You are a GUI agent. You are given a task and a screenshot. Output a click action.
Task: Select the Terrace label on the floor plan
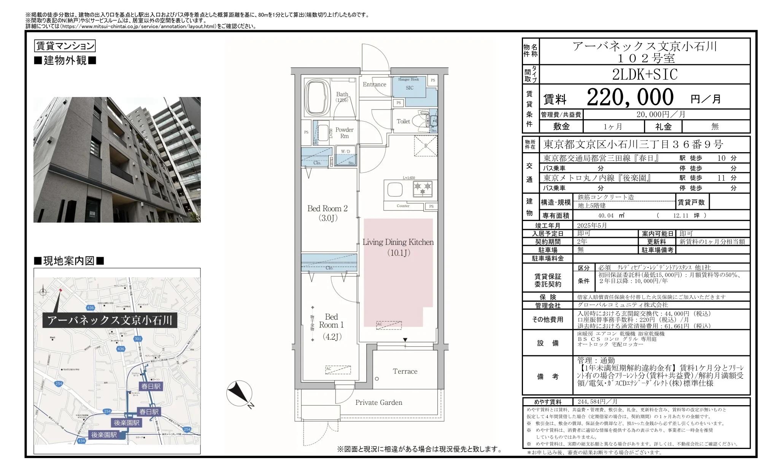[405, 371]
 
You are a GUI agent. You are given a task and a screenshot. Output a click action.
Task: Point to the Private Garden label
[378, 403]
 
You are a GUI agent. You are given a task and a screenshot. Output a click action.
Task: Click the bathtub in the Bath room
[318, 97]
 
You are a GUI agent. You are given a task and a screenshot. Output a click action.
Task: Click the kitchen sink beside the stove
[395, 189]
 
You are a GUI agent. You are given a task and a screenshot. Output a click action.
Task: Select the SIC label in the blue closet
[409, 88]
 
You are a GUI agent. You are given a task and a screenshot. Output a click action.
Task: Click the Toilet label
[403, 121]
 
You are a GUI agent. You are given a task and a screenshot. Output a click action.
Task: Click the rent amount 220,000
[630, 97]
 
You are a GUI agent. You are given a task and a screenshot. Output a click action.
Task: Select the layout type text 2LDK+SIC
[645, 75]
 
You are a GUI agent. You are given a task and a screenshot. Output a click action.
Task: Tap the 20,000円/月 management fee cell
[661, 115]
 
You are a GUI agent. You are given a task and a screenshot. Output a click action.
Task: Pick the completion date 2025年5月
[592, 226]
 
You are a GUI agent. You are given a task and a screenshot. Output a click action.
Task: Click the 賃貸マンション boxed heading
[65, 46]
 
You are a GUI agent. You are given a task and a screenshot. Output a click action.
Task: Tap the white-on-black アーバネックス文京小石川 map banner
[110, 320]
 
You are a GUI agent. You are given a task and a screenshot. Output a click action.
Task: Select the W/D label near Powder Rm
[345, 151]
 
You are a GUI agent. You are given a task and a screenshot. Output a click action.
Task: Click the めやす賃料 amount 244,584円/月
[597, 402]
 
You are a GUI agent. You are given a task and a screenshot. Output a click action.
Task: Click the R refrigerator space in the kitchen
[426, 146]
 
